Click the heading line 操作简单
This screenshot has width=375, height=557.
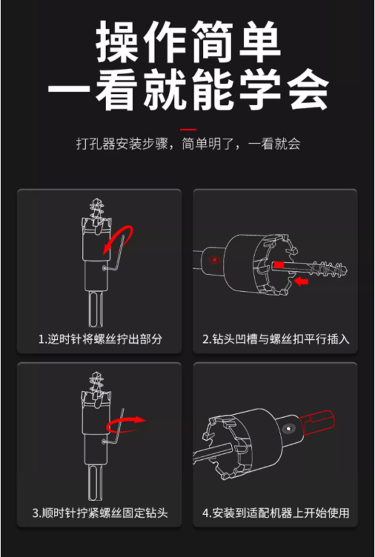tap(188, 41)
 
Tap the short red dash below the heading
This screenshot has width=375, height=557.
tap(188, 130)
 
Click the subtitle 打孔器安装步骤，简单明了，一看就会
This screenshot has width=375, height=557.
tap(188, 144)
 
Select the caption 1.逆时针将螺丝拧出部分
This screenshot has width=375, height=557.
tap(100, 339)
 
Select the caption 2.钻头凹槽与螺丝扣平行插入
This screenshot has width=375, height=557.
tap(276, 339)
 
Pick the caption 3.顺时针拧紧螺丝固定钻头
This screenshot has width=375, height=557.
tap(100, 513)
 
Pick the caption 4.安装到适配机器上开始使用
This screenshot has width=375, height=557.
tap(276, 513)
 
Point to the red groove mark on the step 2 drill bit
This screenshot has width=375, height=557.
tap(279, 265)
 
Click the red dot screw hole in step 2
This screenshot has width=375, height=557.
tap(214, 260)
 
